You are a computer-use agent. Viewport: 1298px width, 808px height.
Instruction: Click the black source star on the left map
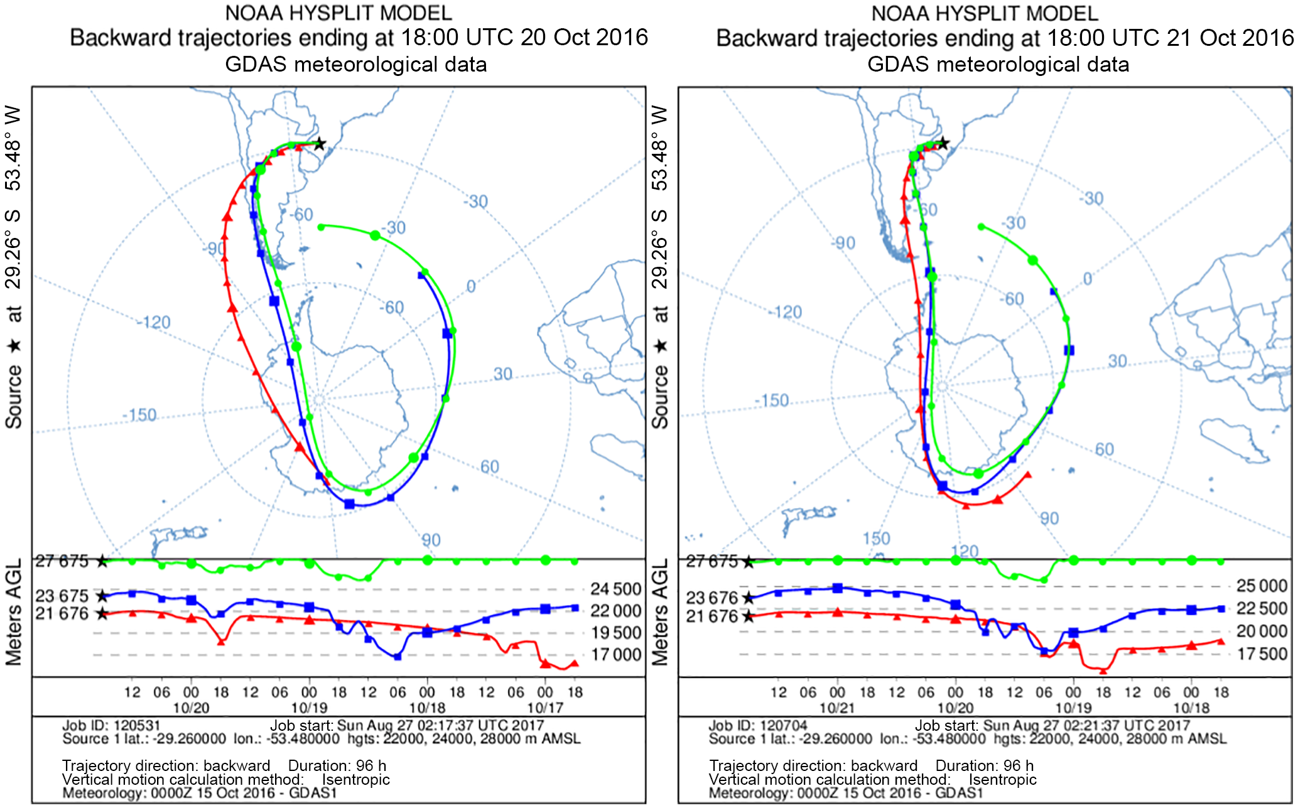point(320,144)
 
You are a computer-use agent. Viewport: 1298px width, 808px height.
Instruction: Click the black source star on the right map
point(943,144)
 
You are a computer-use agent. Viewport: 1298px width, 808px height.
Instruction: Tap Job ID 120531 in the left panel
point(111,726)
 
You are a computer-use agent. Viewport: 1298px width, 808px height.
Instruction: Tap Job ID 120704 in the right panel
point(758,726)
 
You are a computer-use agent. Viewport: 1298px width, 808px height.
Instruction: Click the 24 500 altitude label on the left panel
point(615,589)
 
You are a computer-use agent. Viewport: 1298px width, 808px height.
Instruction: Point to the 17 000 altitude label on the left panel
point(615,655)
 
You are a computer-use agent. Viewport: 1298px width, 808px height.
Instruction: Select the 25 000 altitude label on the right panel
point(1262,586)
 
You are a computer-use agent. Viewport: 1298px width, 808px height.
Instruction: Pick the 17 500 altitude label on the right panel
point(1262,654)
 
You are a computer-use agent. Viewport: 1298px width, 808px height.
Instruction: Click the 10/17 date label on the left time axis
point(544,708)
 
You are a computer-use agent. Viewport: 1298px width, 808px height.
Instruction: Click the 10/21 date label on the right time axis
point(837,708)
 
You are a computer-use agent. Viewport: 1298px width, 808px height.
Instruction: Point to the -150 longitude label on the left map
point(139,416)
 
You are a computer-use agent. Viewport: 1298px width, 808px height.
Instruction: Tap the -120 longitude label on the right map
point(786,312)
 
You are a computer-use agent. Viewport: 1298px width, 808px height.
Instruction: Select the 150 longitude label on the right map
point(876,539)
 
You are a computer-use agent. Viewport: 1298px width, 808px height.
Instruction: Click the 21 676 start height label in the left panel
point(62,613)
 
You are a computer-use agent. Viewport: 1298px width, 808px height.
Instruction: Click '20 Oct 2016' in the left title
point(584,38)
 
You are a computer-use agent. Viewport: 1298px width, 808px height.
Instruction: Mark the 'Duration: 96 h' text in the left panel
point(337,766)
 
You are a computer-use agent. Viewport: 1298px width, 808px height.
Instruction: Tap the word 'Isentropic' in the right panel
point(1002,780)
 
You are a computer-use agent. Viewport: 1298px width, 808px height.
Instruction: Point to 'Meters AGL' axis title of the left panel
point(14,612)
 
